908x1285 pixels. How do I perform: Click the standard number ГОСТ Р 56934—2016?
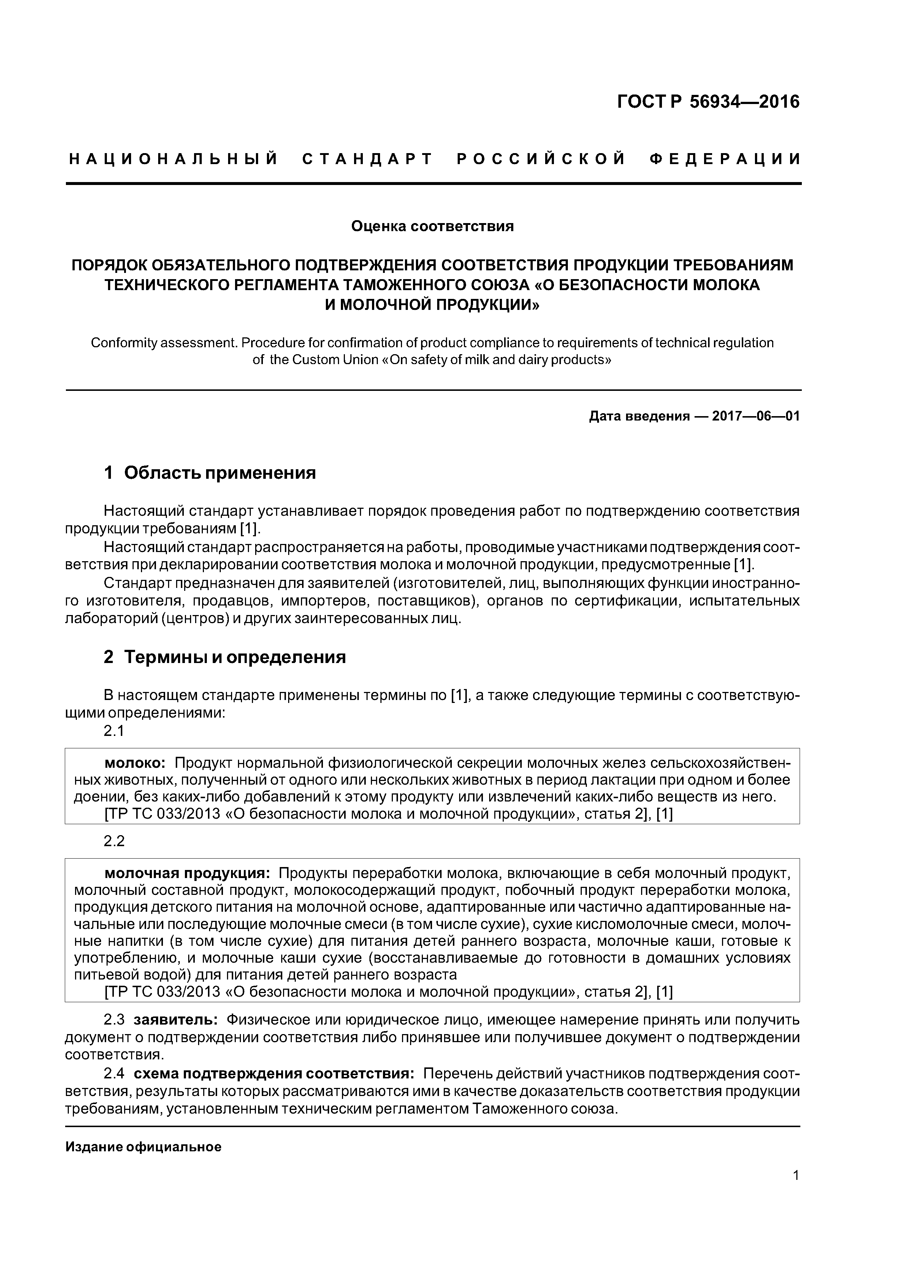pyautogui.click(x=708, y=102)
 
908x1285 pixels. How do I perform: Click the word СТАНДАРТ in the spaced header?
pyautogui.click(x=367, y=159)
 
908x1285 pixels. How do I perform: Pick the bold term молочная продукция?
pyautogui.click(x=187, y=873)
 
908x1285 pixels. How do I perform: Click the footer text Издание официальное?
pyautogui.click(x=143, y=1147)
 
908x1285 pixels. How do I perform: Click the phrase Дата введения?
pyautogui.click(x=639, y=416)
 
